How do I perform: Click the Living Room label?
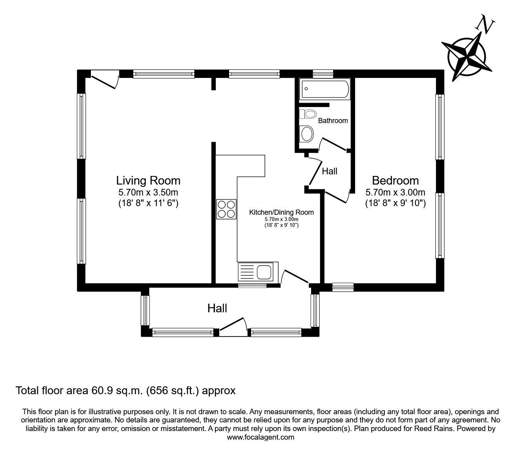[148, 181]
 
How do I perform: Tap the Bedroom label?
[395, 181]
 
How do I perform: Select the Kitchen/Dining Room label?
[281, 212]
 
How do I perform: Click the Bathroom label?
[333, 121]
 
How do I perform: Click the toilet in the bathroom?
[308, 114]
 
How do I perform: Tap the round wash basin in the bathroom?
[306, 134]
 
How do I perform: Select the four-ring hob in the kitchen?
[226, 209]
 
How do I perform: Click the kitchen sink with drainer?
[258, 272]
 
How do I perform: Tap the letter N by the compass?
[485, 25]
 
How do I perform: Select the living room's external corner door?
[104, 80]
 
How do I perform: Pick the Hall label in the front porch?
[217, 308]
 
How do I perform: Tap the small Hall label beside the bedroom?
[330, 171]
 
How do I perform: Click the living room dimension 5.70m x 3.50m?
[148, 192]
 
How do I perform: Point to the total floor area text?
[125, 390]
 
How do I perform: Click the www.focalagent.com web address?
[260, 437]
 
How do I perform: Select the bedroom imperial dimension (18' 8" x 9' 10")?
[395, 203]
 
